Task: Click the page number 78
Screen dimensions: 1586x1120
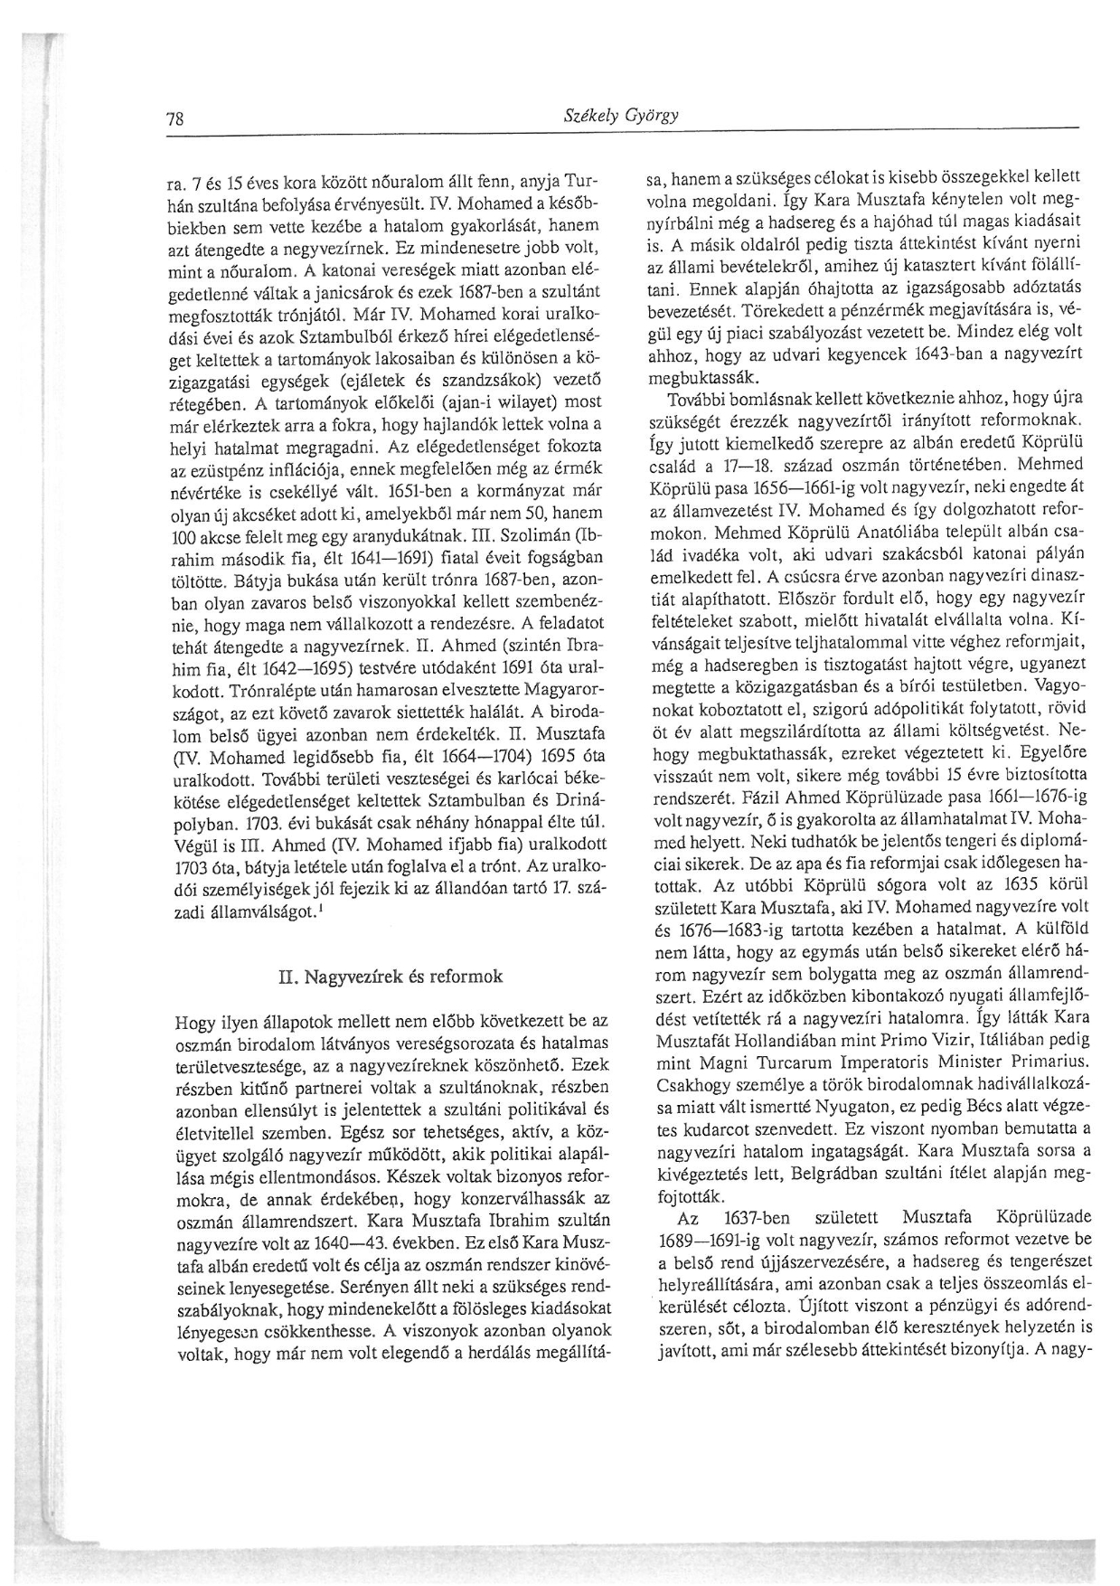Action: [176, 118]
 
